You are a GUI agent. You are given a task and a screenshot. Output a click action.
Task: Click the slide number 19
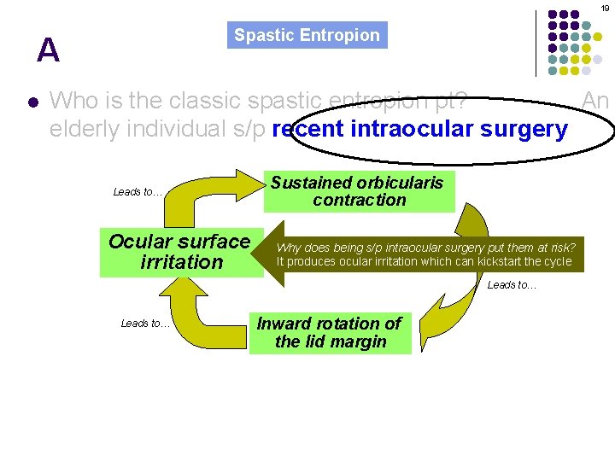point(603,8)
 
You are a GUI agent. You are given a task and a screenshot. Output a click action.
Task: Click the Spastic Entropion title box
point(307,35)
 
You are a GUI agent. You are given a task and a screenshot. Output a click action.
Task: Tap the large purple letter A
point(48,51)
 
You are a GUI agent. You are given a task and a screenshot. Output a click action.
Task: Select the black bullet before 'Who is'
point(32,102)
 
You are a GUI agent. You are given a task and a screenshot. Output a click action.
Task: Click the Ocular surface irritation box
point(180,252)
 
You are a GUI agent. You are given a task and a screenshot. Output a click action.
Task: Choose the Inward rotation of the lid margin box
point(330,333)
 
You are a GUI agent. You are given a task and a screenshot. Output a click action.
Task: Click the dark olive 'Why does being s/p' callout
point(425,254)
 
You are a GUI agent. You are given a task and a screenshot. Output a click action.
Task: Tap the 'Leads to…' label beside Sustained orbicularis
point(138,192)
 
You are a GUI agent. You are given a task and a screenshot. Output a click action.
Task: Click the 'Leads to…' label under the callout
point(512,285)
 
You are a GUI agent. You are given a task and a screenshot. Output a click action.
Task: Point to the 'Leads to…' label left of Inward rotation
point(145,323)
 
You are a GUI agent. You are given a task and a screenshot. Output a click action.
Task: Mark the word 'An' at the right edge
point(595,102)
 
